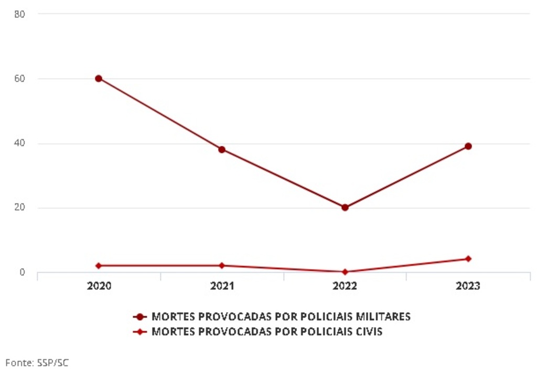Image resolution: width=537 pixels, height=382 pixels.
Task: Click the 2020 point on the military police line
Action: tap(99, 79)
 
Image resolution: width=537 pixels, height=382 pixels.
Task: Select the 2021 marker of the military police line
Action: tap(222, 149)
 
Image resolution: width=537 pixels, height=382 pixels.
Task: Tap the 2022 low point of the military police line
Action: tap(345, 208)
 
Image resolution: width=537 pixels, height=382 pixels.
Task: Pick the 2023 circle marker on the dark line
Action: tap(468, 146)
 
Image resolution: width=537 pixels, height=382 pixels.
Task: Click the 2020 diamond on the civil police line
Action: tap(99, 266)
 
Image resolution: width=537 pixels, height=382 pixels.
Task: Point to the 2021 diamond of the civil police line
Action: tap(222, 266)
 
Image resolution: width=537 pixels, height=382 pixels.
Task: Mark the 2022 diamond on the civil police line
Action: tap(345, 272)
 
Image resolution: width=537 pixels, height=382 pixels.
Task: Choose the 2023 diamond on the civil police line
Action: tap(468, 259)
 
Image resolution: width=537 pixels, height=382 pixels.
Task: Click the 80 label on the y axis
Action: tap(20, 14)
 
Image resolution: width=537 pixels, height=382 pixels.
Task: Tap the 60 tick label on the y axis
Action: tap(20, 79)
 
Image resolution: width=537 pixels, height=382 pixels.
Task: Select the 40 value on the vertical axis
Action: tap(20, 143)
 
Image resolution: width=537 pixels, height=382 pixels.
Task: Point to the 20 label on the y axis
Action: tap(20, 208)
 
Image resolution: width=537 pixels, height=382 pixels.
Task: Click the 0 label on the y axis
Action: tap(23, 272)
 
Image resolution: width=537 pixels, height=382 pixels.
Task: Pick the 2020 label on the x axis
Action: tap(99, 286)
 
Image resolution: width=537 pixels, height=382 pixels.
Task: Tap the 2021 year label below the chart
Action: tap(222, 286)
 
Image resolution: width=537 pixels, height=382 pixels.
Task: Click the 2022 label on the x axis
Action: tap(345, 286)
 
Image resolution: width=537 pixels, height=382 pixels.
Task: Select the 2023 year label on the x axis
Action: tap(468, 286)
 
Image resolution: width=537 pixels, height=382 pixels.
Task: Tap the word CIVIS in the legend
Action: tap(368, 332)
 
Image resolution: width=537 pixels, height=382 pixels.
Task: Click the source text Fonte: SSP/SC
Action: tap(37, 363)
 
